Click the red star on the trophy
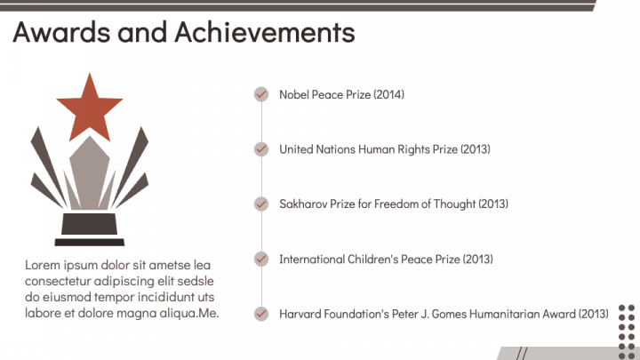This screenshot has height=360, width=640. click(x=90, y=107)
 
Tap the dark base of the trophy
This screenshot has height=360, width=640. click(x=90, y=229)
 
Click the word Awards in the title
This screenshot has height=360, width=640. click(x=61, y=32)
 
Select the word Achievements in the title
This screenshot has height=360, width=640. click(x=265, y=32)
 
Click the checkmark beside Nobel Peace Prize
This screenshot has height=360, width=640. click(x=261, y=94)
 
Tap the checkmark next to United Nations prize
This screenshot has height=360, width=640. click(x=261, y=149)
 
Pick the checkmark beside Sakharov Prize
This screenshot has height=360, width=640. click(x=261, y=204)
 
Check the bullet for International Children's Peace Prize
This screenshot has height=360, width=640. click(x=261, y=259)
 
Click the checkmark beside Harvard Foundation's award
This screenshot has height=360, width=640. click(x=261, y=314)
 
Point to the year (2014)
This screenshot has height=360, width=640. click(x=389, y=95)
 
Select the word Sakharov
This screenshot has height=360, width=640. click(x=303, y=204)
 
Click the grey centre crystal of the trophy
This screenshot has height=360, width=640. click(x=90, y=172)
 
